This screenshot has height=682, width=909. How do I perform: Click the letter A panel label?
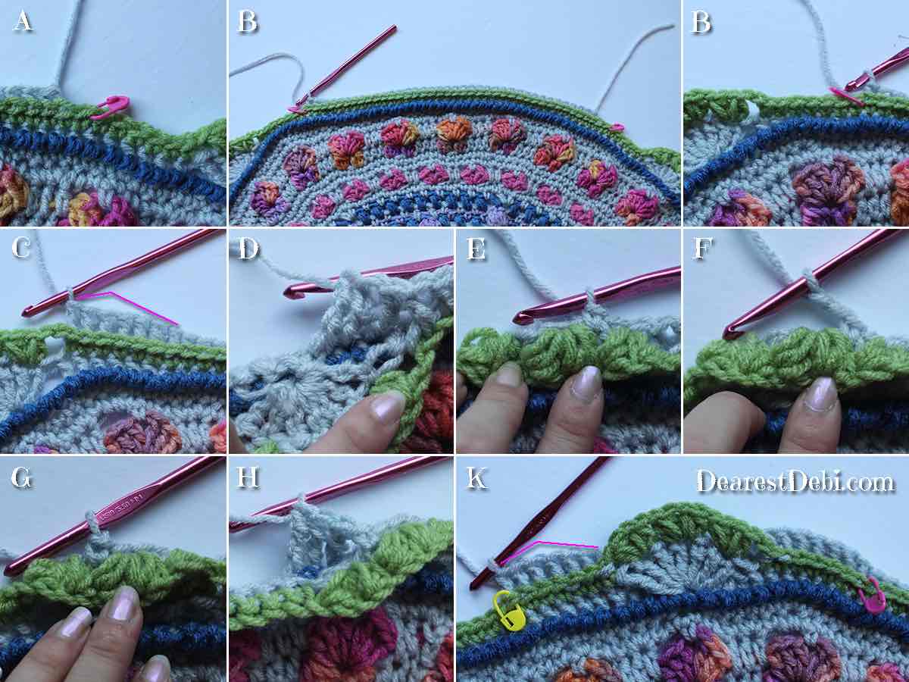23,20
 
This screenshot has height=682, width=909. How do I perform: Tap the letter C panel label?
21,248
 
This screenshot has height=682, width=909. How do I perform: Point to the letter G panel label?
21,478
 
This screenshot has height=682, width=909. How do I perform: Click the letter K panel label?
476,478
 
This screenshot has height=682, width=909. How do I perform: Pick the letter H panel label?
248,478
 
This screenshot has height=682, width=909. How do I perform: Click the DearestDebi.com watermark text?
795,480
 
